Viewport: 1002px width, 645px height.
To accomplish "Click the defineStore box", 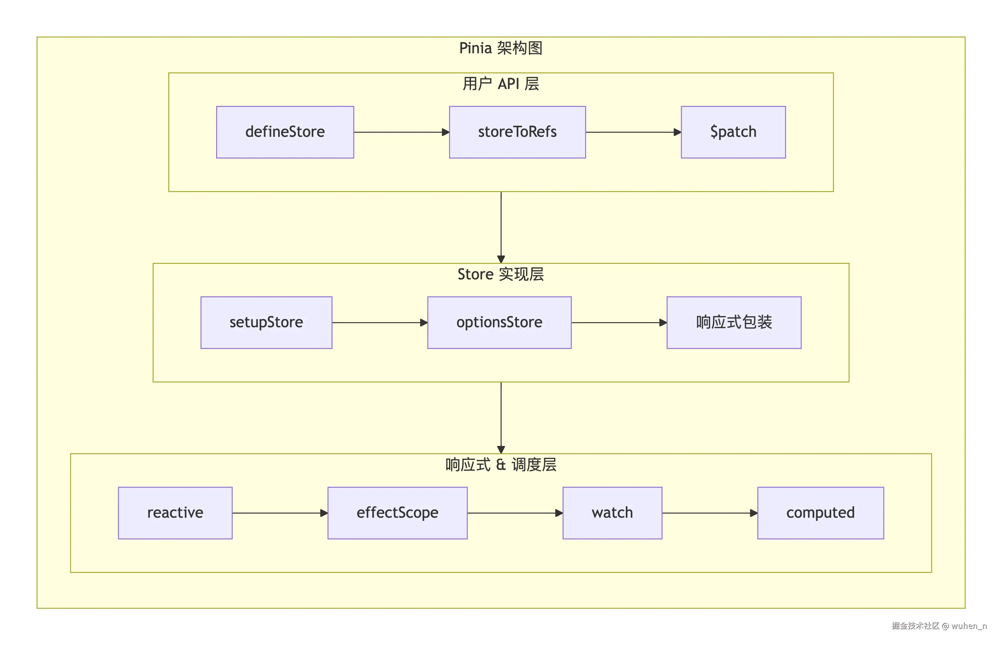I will click(285, 132).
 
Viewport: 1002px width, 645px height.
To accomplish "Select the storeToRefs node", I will click(517, 132).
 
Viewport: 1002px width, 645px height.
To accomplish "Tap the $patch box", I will click(733, 132).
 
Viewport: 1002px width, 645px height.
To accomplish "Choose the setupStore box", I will click(266, 322).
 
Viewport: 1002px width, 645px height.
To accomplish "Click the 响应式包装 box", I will click(734, 322).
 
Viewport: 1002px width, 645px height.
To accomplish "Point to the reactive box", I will click(175, 513).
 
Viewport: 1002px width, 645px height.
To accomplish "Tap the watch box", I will click(612, 513).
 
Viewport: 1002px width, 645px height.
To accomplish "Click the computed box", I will click(820, 513).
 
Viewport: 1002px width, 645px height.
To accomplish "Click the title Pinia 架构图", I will click(501, 48).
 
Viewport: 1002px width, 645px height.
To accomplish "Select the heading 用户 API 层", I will click(501, 84).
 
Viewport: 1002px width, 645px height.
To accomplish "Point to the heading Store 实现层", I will click(501, 274).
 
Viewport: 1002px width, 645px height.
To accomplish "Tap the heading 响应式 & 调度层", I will click(501, 464).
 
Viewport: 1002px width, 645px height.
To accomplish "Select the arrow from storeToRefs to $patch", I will click(633, 132).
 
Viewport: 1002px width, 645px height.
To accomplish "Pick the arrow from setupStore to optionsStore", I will click(379, 322).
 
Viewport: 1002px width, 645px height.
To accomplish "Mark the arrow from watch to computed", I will click(710, 513).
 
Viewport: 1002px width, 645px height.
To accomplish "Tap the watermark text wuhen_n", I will click(968, 626).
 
